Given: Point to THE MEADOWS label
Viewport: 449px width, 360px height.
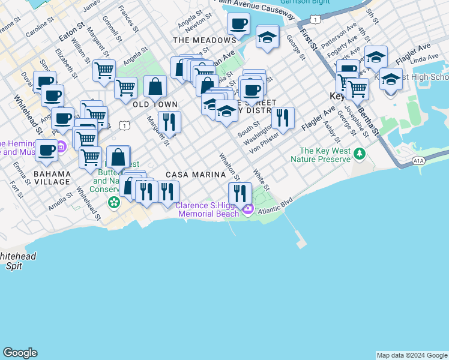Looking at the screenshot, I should tap(204, 40).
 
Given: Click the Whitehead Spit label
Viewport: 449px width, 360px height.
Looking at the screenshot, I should tap(18, 260).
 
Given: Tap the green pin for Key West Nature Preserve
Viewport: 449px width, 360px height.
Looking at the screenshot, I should tap(359, 154).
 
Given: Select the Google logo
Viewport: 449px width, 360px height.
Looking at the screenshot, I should tap(20, 353).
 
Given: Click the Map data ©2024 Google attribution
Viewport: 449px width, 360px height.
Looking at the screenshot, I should tap(412, 355).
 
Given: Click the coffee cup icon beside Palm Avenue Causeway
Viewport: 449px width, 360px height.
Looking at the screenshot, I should tap(238, 24).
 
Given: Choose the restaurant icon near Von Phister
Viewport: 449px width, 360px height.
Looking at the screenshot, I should tap(282, 118).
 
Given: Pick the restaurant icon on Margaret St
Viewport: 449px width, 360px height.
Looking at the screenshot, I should tap(169, 122).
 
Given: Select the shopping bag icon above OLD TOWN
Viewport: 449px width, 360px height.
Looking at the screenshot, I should tap(155, 86).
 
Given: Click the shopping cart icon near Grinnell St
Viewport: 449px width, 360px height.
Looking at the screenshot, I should tap(104, 70).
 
